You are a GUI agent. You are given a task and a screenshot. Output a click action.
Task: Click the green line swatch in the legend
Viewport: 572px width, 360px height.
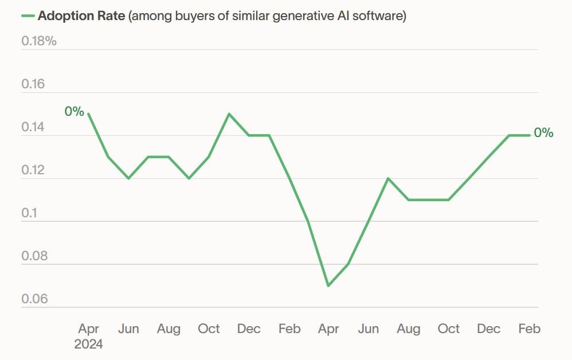[x=27, y=16]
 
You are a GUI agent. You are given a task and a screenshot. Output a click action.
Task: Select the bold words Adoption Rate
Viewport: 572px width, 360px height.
[x=81, y=16]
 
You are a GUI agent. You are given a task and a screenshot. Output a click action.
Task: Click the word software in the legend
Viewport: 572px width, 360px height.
[x=381, y=16]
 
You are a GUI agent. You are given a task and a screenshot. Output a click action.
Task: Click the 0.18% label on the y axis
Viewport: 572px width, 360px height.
[x=39, y=41]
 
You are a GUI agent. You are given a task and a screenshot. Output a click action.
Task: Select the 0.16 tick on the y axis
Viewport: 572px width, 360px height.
[x=33, y=84]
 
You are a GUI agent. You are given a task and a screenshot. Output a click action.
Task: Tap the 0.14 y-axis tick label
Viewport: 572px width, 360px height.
[x=33, y=127]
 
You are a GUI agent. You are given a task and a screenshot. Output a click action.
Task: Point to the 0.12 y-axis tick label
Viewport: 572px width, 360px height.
[x=33, y=170]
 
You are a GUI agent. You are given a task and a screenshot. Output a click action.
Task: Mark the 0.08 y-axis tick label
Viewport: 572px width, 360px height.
[x=34, y=256]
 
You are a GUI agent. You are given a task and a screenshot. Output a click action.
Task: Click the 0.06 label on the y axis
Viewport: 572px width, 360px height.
[x=34, y=299]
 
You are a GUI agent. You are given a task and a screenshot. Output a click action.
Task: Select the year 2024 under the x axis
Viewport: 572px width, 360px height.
[x=88, y=344]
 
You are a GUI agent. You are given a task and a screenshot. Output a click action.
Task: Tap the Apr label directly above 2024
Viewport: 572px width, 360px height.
[x=88, y=329]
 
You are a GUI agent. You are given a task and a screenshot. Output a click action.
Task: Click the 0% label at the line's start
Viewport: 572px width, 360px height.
[x=74, y=111]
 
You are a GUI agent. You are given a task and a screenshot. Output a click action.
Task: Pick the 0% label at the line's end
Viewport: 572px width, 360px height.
[x=543, y=133]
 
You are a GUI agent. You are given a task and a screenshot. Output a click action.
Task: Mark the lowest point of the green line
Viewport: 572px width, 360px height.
[x=328, y=285]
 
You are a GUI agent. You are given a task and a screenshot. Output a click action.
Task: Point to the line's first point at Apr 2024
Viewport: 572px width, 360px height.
[x=88, y=114]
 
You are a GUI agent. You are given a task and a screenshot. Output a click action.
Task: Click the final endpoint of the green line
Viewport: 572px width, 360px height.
[x=529, y=135]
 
